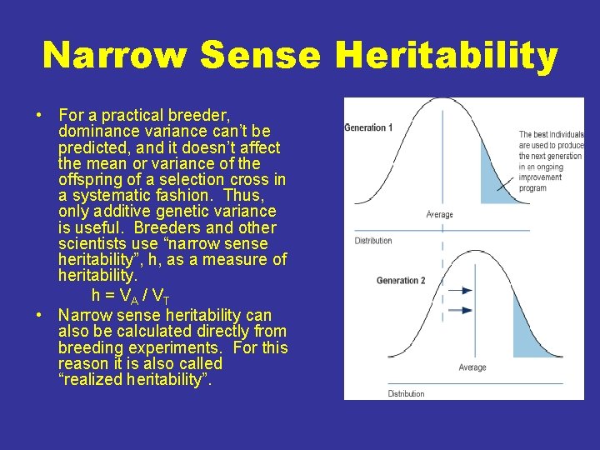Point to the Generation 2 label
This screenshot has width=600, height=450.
(400, 281)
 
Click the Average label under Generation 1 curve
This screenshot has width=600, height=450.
(439, 214)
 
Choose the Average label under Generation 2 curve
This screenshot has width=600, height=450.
(472, 367)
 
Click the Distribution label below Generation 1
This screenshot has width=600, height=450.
(372, 241)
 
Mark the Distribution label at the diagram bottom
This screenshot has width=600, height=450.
(406, 393)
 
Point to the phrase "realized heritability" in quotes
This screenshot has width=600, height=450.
(136, 380)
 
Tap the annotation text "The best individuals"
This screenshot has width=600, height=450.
(551, 134)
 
